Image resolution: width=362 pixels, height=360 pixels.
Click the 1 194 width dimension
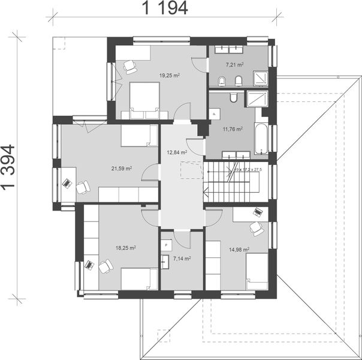pyautogui.click(x=165, y=8)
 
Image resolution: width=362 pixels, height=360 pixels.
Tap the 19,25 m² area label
pyautogui.click(x=170, y=76)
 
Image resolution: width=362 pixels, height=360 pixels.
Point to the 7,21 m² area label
pyautogui.click(x=234, y=64)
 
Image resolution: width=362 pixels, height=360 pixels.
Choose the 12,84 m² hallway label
pyautogui.click(x=177, y=152)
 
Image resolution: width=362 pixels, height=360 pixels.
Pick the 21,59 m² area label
pyautogui.click(x=122, y=169)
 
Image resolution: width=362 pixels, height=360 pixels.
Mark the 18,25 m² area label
pyautogui.click(x=125, y=247)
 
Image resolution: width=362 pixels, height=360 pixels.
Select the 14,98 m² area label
pyautogui.click(x=239, y=250)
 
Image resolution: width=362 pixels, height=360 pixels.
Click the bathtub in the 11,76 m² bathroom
pyautogui.click(x=263, y=136)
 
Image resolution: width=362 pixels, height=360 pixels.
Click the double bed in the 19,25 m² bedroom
pyautogui.click(x=144, y=99)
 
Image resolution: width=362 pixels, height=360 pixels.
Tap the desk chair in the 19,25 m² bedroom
pyautogui.click(x=130, y=68)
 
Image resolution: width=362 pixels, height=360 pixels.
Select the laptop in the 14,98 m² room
pyautogui.click(x=258, y=212)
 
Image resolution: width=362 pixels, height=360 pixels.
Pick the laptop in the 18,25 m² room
pyautogui.click(x=89, y=264)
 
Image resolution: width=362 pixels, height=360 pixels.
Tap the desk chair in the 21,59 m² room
pyautogui.click(x=82, y=187)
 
